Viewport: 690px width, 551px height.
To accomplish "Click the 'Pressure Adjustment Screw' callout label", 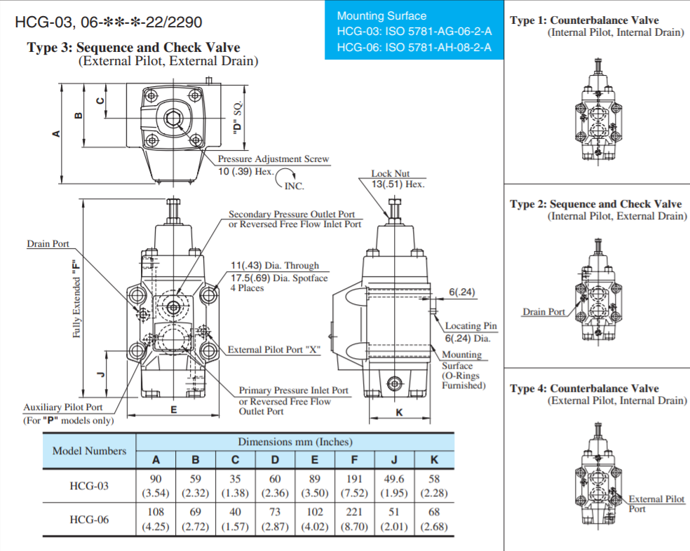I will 273,159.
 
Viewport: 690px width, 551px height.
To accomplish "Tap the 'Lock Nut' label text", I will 391,173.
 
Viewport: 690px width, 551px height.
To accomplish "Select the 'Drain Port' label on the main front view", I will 48,244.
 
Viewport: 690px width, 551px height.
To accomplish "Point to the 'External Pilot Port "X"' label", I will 273,349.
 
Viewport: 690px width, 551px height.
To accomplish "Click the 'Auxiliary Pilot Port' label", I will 63,407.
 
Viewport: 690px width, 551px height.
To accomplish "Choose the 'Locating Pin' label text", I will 471,326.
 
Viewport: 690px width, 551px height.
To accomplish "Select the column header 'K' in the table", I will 434,460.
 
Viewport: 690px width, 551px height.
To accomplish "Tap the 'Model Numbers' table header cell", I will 89,451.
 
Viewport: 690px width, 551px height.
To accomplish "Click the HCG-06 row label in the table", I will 89,519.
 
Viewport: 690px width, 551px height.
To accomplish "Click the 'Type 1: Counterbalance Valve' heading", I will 584,20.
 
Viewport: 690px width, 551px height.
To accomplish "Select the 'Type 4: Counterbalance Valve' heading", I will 584,388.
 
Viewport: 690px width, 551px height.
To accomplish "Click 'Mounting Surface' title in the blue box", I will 381,15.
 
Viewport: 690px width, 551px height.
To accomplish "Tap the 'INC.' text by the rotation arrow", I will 294,186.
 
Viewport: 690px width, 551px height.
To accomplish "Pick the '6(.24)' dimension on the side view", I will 462,292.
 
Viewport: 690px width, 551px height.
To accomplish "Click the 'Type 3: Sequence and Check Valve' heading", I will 133,48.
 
